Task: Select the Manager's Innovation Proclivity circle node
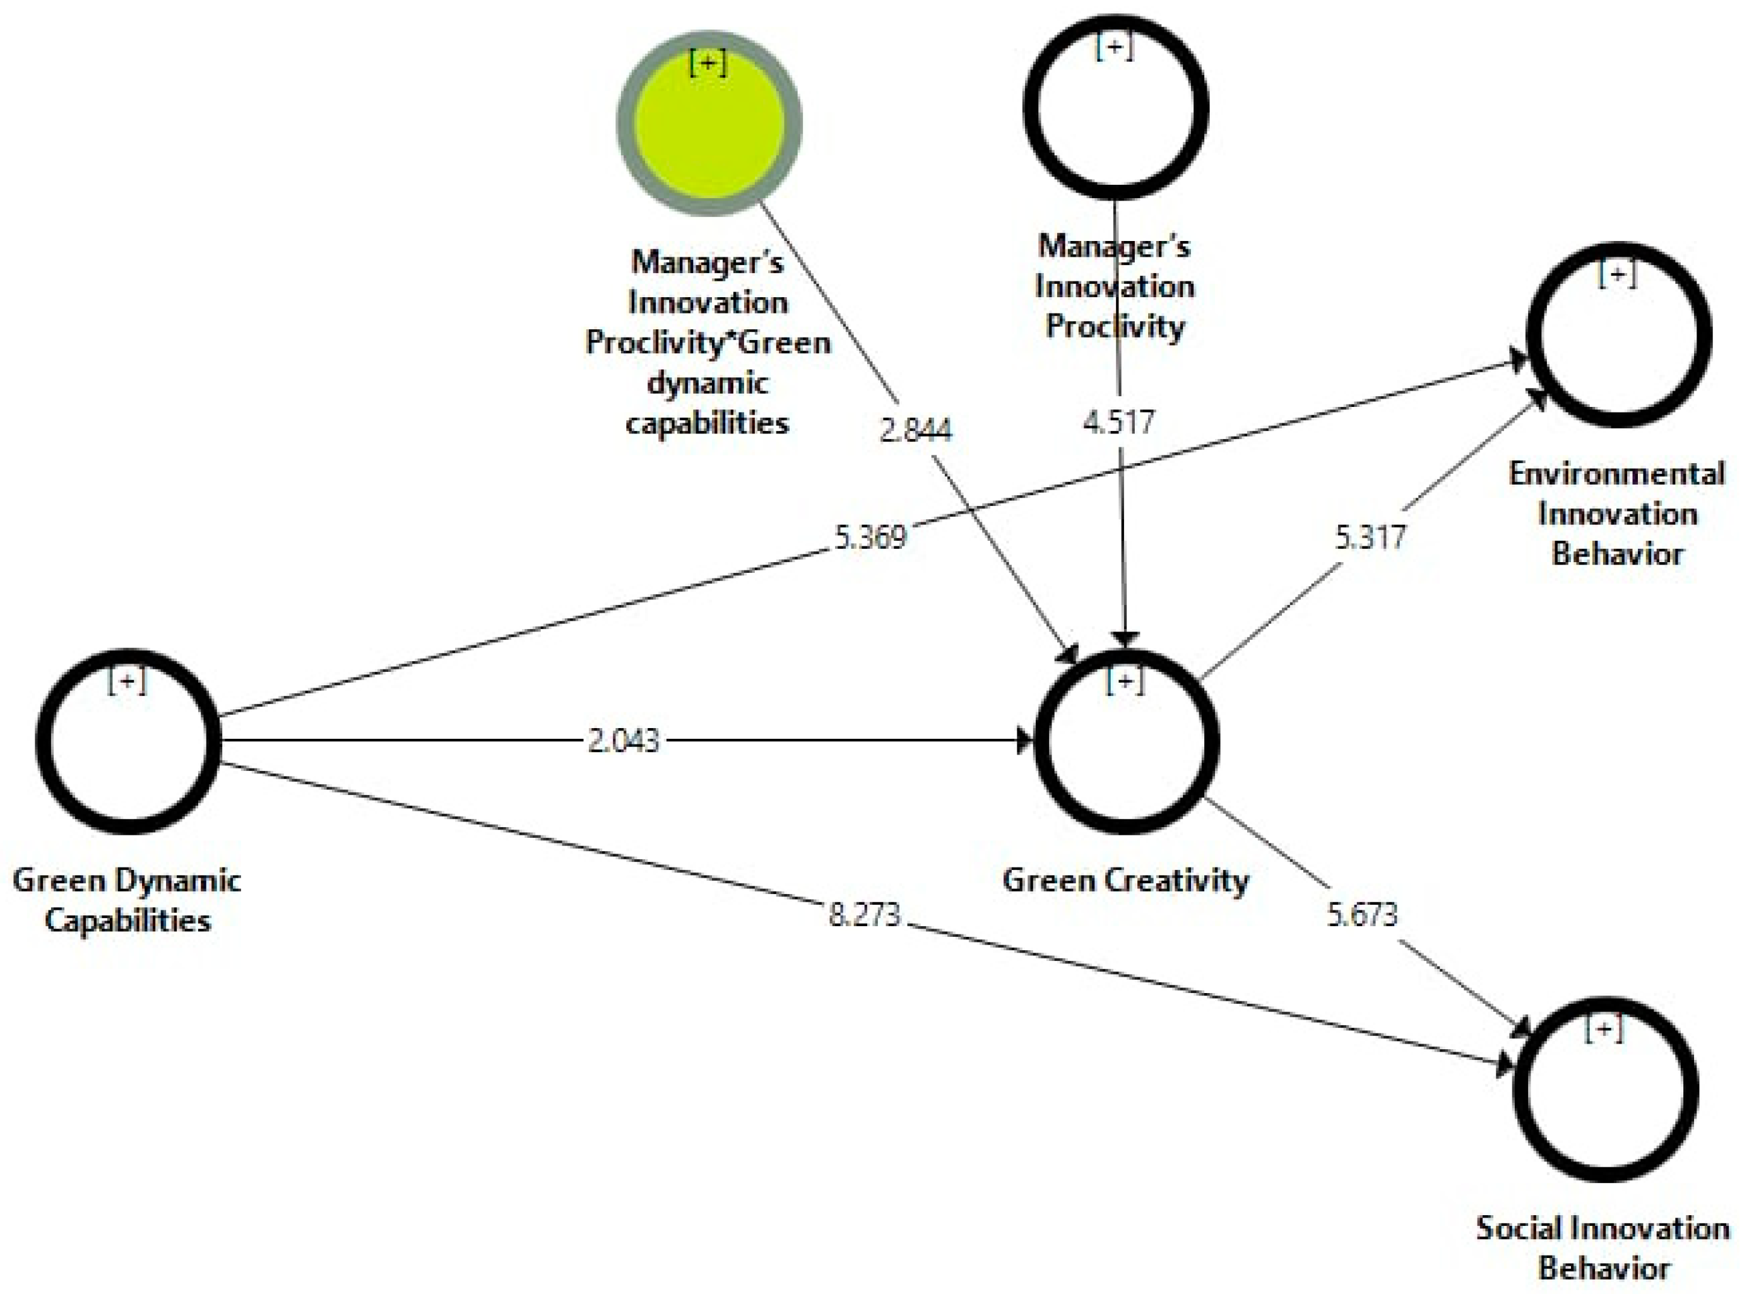tap(1116, 107)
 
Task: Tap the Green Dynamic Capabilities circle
tap(127, 741)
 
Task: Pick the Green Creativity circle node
tap(1126, 741)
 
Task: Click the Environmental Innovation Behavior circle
tap(1618, 335)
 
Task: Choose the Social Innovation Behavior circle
tap(1606, 1089)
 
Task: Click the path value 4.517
tap(1118, 422)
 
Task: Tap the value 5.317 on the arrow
tap(1370, 538)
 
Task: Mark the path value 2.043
tap(624, 740)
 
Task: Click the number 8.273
tap(864, 914)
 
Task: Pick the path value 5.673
tap(1362, 914)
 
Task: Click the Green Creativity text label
tap(1125, 880)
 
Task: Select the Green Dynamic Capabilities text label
tap(127, 900)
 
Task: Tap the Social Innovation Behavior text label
tap(1603, 1248)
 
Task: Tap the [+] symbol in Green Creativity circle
tap(1125, 681)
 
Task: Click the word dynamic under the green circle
tap(708, 383)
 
